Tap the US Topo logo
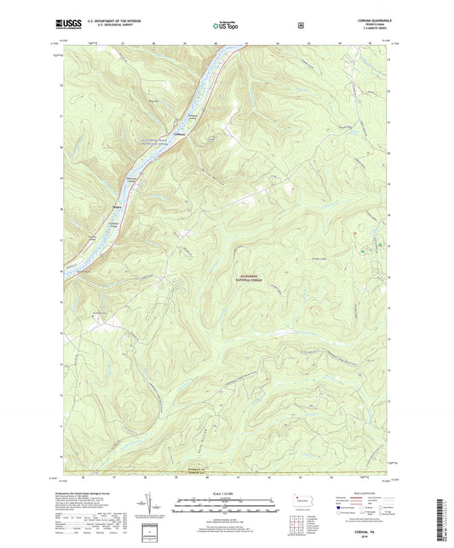click(x=225, y=26)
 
